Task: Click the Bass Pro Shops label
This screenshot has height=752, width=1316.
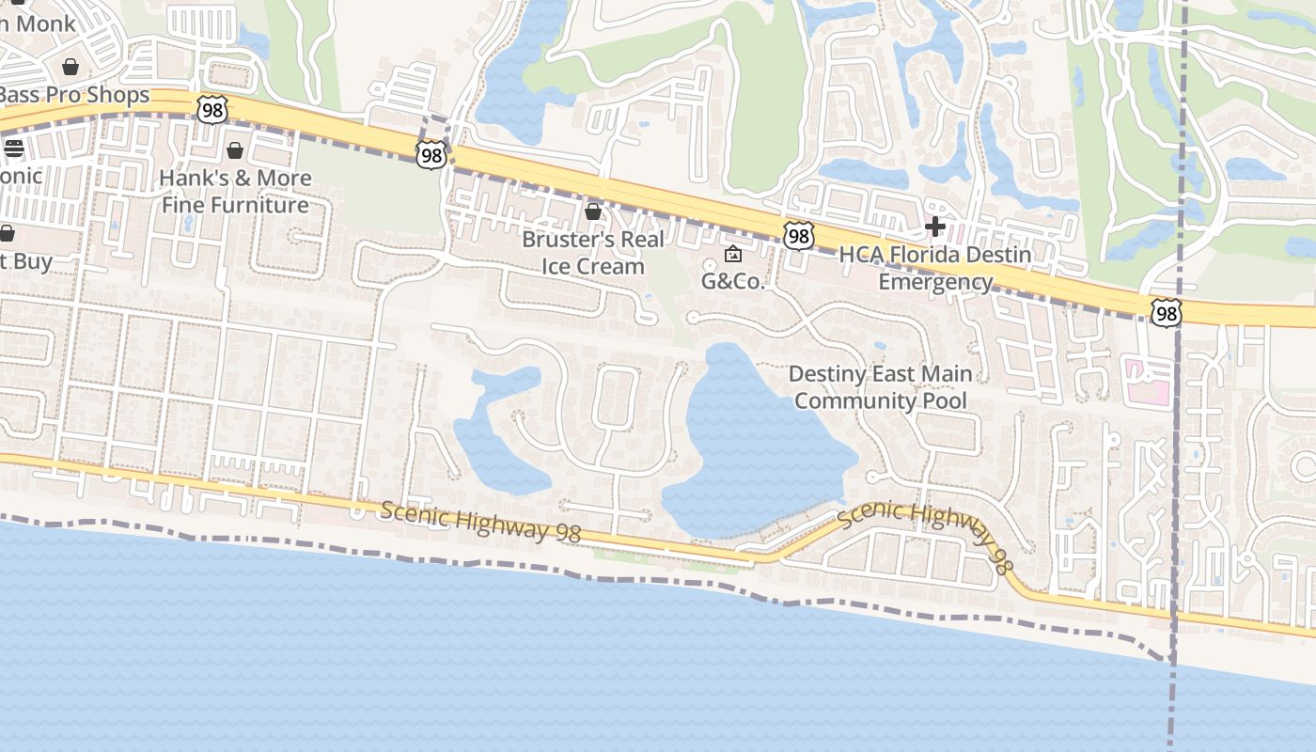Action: coord(75,95)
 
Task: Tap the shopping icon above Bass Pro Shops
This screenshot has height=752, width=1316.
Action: coord(70,66)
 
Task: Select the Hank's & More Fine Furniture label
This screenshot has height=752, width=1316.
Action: coord(235,191)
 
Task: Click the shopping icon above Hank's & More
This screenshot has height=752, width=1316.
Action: coord(235,150)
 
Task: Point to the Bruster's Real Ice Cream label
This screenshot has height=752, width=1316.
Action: coord(593,252)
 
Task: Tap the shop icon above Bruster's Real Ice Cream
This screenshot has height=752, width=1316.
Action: coord(593,211)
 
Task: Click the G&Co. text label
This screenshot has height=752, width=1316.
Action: coord(733,281)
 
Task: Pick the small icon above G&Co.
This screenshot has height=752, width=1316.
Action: coord(733,254)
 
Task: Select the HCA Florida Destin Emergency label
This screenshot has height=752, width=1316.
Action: coord(935,268)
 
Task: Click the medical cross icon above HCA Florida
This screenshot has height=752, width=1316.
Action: coord(935,227)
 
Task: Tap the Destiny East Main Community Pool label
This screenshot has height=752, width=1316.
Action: coord(880,387)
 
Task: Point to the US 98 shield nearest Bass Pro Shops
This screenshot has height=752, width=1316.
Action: coord(212,109)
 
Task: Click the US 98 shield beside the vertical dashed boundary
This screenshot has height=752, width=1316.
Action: coord(1166,314)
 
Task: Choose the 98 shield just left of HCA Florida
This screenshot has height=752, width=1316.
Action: coord(798,235)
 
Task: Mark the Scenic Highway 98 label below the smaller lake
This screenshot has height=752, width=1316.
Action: coord(480,522)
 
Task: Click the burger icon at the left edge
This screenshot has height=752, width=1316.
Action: coord(13,148)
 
